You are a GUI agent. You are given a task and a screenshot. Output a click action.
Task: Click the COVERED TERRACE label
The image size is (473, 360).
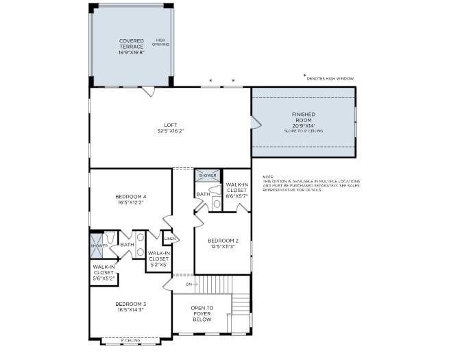click(x=131, y=45)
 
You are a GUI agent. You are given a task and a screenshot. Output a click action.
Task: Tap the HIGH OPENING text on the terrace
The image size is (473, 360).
click(x=161, y=43)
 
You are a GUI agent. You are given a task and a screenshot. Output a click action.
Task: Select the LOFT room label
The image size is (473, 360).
click(x=170, y=128)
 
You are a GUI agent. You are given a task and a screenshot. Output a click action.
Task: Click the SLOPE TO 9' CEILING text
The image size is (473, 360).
click(x=303, y=131)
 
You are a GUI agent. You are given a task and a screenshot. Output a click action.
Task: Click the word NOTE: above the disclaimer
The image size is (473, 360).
click(x=267, y=177)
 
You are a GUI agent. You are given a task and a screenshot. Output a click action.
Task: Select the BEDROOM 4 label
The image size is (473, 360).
click(x=131, y=200)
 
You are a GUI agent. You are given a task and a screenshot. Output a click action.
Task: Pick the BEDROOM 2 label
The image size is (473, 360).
click(x=223, y=243)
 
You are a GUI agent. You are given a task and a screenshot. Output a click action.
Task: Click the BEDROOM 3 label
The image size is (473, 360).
click(x=130, y=307)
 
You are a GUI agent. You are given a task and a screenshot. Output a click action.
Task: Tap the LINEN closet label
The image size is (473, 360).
click(x=170, y=239)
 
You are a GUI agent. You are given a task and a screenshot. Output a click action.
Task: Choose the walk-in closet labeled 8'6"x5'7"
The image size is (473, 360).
click(x=236, y=190)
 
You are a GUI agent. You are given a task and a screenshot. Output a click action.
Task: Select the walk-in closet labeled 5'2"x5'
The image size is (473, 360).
click(x=159, y=258)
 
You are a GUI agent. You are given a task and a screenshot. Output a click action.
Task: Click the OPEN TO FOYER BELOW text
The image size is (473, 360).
click(x=202, y=314)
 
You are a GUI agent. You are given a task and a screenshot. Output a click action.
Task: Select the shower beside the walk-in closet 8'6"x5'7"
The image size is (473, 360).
click(x=208, y=176)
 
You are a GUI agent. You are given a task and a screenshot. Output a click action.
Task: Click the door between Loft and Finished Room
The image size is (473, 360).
click(x=255, y=123)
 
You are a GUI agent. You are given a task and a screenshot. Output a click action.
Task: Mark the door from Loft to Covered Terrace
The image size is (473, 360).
click(x=148, y=91)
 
